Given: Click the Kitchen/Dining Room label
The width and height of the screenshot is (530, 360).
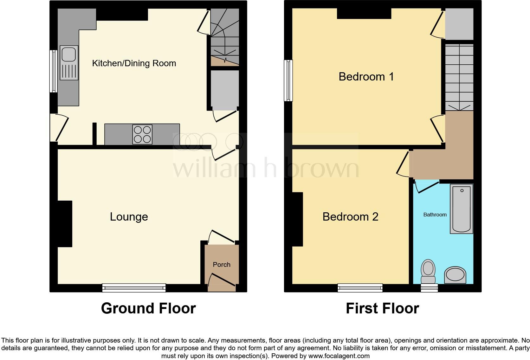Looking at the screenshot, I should pos(134,63).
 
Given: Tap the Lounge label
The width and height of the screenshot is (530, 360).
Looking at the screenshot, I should pos(129,217).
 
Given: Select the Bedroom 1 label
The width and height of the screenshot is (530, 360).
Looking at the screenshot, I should pos(366,77).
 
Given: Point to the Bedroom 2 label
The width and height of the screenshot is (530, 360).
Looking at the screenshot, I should pos(350,217).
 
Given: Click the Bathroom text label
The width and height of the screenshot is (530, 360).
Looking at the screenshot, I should pos(435,215).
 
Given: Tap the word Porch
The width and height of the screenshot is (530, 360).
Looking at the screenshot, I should pos(222,265).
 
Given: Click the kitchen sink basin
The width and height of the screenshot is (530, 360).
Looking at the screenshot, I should pos(68,54).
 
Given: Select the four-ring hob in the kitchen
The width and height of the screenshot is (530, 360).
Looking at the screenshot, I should pos(142,135).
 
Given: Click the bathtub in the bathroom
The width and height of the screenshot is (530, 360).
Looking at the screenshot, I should pos(462,209).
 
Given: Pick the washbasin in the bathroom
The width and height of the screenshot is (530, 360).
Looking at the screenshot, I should pos(456,275).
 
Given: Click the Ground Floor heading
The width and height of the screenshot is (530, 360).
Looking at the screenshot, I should pos(148,308).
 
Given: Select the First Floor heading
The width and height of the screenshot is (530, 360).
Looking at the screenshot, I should pos(382,308).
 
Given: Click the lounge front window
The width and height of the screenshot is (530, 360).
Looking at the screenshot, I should pos(134,288).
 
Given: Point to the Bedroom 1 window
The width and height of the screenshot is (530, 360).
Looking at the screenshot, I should pos(288,80).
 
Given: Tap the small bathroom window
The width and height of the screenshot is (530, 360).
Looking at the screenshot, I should pos(429,288).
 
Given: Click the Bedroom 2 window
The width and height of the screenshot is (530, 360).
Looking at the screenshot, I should pos(360,288).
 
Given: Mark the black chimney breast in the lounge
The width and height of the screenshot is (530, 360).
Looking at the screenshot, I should pos(65,224).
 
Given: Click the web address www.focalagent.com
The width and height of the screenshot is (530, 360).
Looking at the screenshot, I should pos(339,356).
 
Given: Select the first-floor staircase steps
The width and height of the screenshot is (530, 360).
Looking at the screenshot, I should pos(459,78).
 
